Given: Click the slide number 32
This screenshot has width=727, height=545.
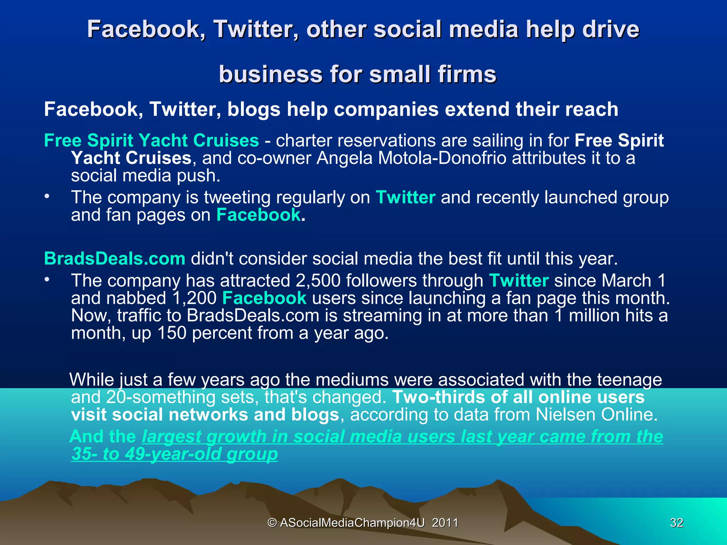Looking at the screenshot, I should [x=676, y=523].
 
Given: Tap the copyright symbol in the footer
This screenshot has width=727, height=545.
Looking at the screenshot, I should [x=272, y=523].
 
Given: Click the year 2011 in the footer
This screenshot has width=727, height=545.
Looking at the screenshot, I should [x=445, y=523].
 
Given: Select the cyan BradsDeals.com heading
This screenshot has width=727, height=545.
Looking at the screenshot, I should [x=114, y=259].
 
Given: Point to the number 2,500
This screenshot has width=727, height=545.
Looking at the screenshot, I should [x=317, y=281].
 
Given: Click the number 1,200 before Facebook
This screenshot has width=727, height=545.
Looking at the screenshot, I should [x=194, y=298].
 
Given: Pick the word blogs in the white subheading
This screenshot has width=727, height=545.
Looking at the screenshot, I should [x=254, y=109].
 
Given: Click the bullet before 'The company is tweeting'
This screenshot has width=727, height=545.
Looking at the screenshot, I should [x=47, y=196].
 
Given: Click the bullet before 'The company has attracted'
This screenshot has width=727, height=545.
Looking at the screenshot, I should [x=47, y=280].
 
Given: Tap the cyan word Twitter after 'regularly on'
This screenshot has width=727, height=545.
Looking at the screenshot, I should [x=405, y=197].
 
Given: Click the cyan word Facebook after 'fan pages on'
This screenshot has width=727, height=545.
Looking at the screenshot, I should [x=258, y=215].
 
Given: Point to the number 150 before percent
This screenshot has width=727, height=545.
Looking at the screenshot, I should [x=171, y=333].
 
